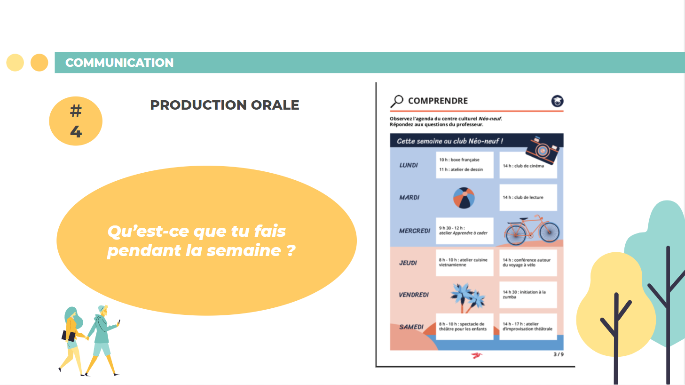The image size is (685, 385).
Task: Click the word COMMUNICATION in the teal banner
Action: [119, 63]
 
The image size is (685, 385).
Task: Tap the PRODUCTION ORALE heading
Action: [224, 105]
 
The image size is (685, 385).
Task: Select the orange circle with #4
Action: [76, 121]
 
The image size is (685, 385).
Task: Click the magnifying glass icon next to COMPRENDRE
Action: [397, 101]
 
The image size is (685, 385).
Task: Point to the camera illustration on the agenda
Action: [543, 150]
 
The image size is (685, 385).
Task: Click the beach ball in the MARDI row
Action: [464, 198]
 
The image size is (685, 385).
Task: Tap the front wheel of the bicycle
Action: [550, 232]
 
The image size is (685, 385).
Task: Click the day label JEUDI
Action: [408, 263]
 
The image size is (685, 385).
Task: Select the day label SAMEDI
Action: [411, 327]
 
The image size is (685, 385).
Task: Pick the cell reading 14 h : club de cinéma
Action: [528, 165]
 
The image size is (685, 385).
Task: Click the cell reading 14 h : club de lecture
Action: [528, 197]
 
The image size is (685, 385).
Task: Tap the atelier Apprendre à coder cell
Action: [465, 231]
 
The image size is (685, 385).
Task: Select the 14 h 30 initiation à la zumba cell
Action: [528, 295]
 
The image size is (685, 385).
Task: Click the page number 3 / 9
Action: [559, 354]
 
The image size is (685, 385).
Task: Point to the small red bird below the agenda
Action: [476, 355]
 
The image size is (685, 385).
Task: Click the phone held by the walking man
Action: [119, 322]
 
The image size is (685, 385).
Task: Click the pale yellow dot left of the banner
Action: [15, 63]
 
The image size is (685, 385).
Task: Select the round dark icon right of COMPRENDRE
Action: [557, 101]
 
